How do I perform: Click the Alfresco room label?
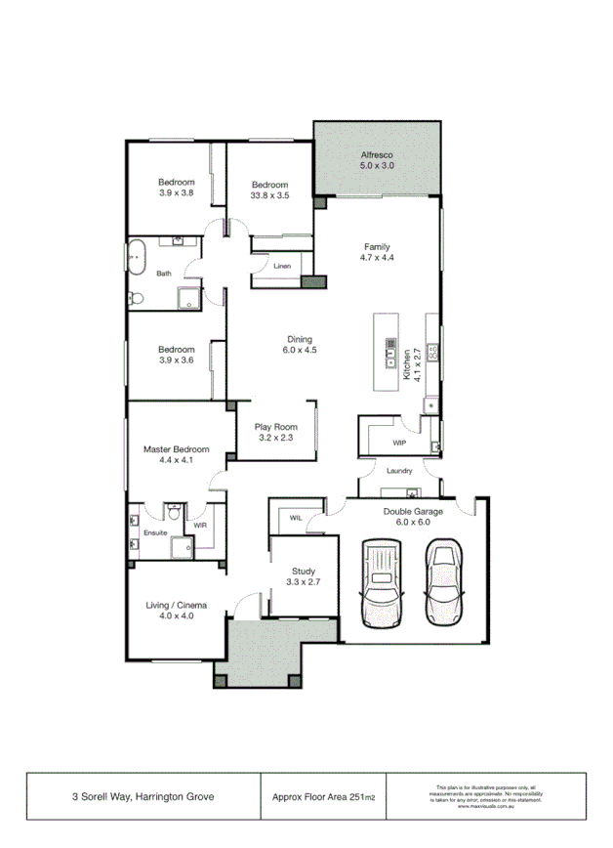[x=376, y=154]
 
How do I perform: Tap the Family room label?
[x=377, y=246]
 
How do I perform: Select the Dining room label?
[x=300, y=338]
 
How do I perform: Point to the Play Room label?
[x=275, y=427]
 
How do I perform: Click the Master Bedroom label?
[x=177, y=449]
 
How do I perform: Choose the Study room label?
[x=304, y=571]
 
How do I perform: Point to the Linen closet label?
[x=282, y=266]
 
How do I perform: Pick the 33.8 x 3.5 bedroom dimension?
[x=270, y=195]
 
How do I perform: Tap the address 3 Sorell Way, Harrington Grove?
[x=143, y=797]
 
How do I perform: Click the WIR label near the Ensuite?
[x=200, y=525]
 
